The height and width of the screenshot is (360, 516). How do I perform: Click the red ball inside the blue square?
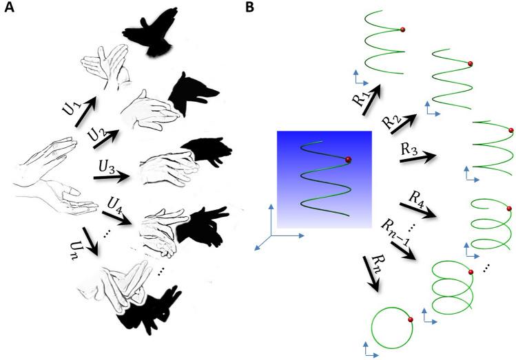click(x=348, y=160)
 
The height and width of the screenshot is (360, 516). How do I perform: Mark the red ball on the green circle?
click(x=411, y=319)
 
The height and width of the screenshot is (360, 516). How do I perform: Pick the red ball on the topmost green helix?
click(x=402, y=28)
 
